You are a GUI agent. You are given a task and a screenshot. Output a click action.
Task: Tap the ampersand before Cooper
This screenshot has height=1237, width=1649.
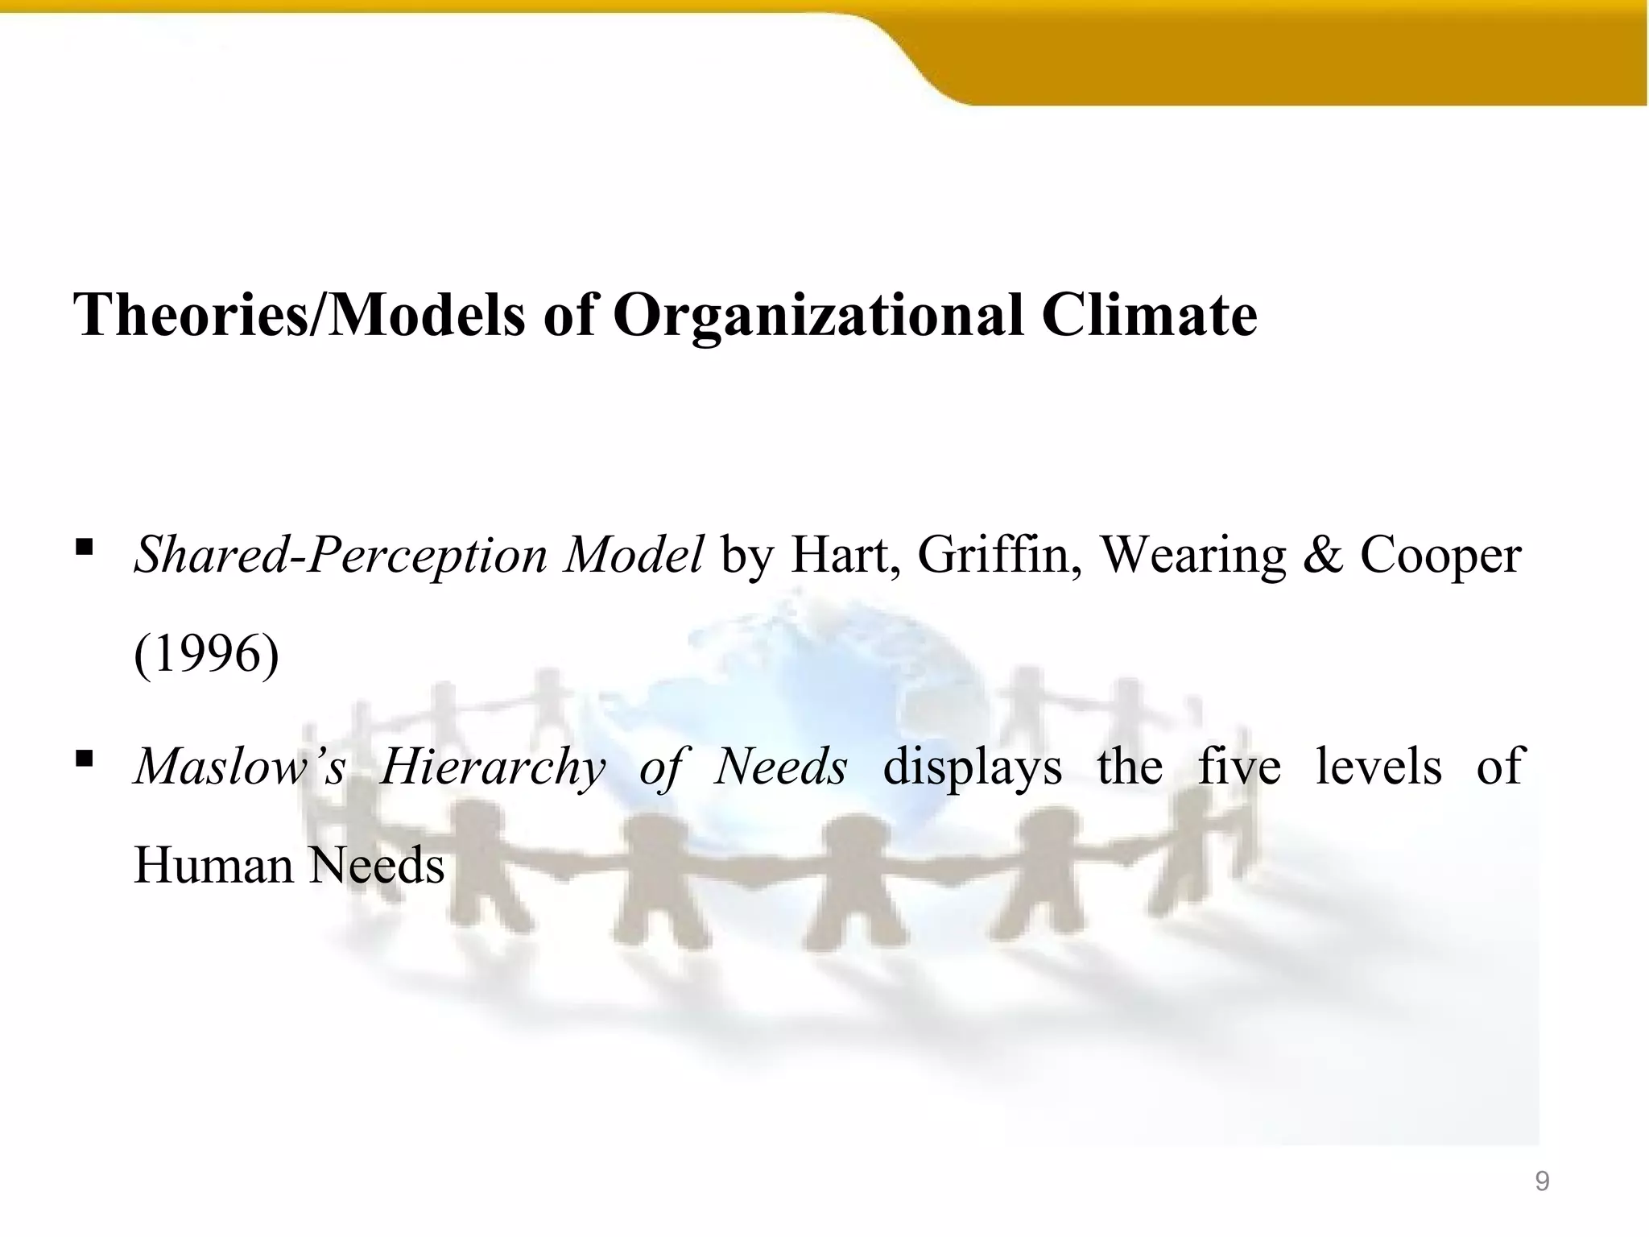(1322, 556)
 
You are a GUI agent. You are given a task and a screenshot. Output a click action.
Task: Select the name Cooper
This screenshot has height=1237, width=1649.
(1440, 556)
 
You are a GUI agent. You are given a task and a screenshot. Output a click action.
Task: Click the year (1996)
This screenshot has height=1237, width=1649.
(207, 654)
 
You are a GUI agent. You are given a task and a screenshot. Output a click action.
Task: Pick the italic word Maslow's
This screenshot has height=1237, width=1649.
(240, 766)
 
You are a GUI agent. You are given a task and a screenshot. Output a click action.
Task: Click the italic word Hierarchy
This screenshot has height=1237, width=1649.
(493, 766)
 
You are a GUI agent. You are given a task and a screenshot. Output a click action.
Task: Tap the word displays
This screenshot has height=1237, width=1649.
(973, 766)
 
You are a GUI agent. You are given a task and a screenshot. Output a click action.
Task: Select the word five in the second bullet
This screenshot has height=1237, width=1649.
(1239, 766)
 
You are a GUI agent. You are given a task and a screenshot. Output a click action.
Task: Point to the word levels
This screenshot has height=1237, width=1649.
(1378, 766)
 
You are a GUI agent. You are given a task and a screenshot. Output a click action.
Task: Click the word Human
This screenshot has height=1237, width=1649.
(213, 866)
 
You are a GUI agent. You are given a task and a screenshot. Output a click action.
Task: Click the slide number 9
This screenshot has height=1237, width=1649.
(1542, 1181)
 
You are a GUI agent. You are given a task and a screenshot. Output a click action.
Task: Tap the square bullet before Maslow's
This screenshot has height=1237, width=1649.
(84, 759)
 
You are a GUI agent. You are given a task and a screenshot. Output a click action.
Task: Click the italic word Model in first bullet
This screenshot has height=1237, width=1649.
(633, 556)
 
